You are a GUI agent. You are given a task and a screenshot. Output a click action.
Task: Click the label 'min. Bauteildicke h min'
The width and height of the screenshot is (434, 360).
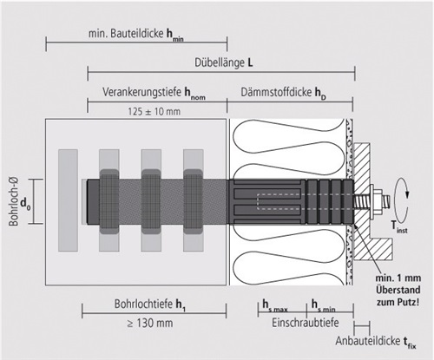[135, 35]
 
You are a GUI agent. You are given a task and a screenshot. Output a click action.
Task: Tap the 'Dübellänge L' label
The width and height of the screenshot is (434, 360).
[223, 62]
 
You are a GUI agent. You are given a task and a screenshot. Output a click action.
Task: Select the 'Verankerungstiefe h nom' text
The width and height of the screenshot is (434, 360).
[154, 93]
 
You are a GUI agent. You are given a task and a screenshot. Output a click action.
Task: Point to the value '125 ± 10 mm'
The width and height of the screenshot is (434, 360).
[155, 111]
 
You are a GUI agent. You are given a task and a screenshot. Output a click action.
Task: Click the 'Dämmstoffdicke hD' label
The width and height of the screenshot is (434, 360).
[283, 93]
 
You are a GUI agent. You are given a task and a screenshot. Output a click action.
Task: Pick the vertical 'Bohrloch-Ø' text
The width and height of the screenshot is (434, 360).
[14, 201]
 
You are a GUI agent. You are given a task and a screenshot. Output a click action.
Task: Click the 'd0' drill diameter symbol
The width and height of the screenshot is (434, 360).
[25, 205]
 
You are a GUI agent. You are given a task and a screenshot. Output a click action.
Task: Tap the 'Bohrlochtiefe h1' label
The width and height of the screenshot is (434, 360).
[149, 304]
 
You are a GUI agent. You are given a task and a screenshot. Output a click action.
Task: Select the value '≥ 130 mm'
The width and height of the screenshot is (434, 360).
[150, 323]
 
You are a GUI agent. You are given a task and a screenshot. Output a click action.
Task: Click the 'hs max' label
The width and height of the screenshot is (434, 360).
[274, 306]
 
